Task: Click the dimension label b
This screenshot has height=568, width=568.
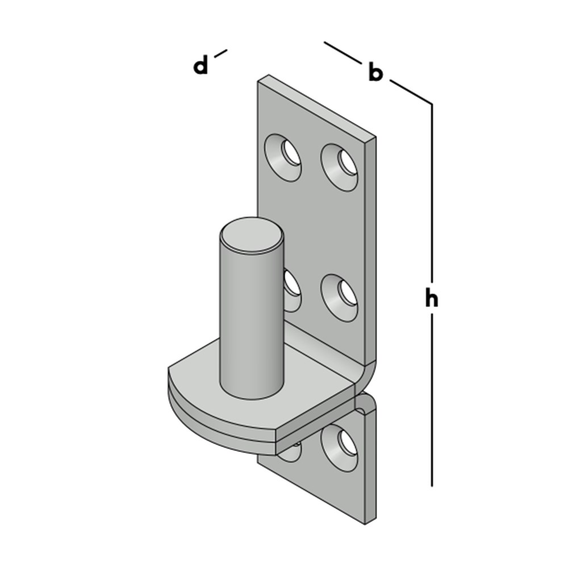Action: pos(375,72)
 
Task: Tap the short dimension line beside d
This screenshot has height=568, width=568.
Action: pos(220,53)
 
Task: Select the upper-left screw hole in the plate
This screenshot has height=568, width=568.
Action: pos(283,157)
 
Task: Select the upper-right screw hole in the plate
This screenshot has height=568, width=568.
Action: pos(339,168)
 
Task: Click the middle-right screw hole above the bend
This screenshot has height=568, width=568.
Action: pos(339,298)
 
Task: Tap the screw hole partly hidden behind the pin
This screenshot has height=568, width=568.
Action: pos(292,290)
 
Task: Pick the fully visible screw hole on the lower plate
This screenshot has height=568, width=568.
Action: pos(339,448)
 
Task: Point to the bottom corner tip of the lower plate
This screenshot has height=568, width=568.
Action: pos(365,524)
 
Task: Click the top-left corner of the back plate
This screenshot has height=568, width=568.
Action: pos(258,81)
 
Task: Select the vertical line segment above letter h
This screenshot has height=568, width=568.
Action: pos(432,193)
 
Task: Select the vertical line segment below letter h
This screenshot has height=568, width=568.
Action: pos(432,400)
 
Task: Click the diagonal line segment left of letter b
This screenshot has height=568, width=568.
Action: pos(343,53)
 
